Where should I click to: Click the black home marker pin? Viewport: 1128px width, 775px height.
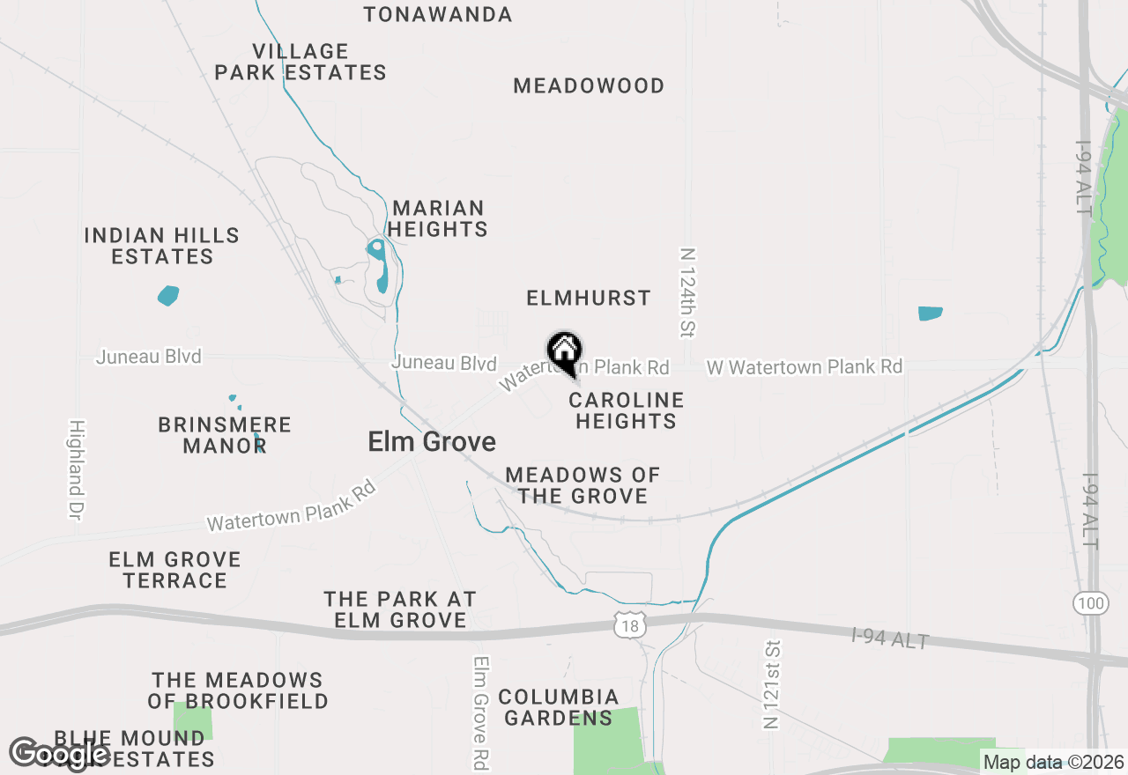(564, 351)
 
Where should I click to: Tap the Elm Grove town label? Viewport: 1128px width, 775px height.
(432, 442)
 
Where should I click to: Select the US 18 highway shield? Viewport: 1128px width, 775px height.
(630, 624)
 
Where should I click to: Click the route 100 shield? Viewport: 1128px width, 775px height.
(1090, 603)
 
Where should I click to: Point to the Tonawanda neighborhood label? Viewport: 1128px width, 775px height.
(437, 15)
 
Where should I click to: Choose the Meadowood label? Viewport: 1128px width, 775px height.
(589, 86)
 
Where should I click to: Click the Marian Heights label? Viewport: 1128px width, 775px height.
(438, 218)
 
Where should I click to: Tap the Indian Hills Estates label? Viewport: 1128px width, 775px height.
(162, 247)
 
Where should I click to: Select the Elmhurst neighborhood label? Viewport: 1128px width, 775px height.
(589, 299)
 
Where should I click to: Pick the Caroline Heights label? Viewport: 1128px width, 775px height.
(626, 410)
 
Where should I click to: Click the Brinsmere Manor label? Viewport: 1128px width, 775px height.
(225, 435)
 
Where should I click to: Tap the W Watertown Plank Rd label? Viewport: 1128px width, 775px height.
(805, 366)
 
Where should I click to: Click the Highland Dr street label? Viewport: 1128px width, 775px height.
(77, 469)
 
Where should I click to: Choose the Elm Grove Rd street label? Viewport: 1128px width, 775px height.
(481, 713)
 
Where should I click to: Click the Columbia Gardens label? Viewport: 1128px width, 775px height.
(559, 707)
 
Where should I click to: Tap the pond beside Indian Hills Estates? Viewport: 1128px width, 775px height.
(168, 295)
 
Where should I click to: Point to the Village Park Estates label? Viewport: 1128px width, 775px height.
(301, 62)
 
